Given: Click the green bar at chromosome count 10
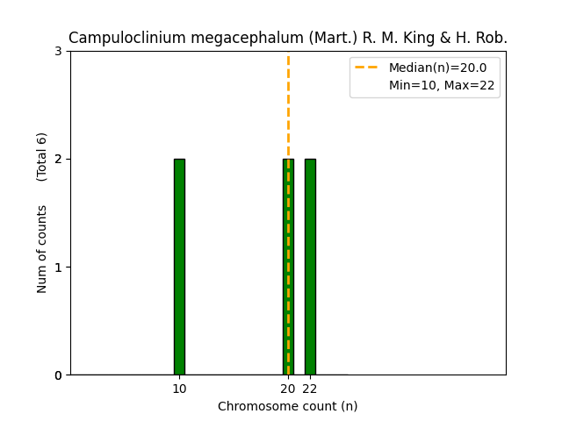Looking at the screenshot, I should coord(179,267).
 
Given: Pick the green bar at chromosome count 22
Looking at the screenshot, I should coord(310,267).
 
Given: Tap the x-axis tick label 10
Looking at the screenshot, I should coord(179,389).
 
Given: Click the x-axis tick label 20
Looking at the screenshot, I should coord(287,389).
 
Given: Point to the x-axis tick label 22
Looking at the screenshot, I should coord(310,389).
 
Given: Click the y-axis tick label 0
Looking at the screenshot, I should coord(58,375).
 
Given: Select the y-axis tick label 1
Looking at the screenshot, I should coord(58,268).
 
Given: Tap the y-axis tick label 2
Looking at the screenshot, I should coord(58,160).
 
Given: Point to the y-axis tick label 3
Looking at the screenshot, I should coord(58,52).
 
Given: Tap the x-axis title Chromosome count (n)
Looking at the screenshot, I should coord(287,406).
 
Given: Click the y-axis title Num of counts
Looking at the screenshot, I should coord(42,249).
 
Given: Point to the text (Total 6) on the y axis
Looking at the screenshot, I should coord(42,157).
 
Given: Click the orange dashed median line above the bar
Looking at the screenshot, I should coord(288,105).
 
